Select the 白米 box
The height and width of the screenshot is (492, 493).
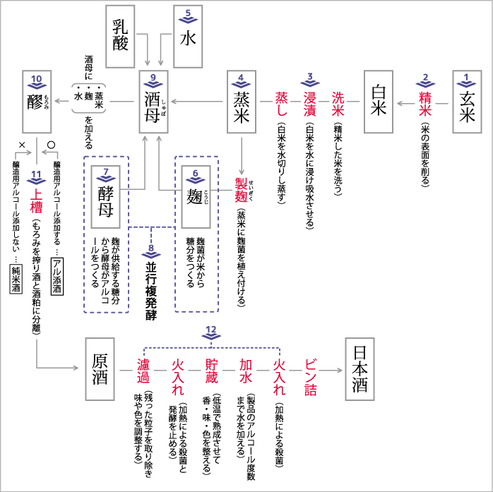click(379, 103)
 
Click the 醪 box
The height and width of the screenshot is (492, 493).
click(37, 103)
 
